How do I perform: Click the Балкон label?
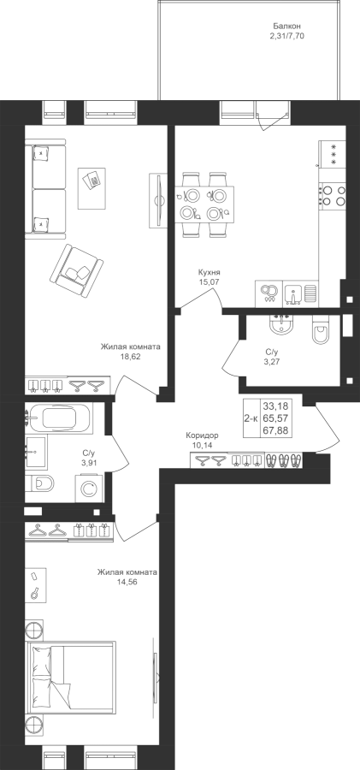(x=286, y=26)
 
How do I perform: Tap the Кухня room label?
(x=209, y=272)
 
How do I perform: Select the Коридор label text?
(x=202, y=435)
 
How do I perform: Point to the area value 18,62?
(x=131, y=357)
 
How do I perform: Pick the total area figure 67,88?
(x=275, y=431)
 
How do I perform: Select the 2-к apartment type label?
(x=251, y=419)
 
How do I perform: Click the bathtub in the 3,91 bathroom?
(x=58, y=418)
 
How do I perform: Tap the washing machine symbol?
(x=90, y=489)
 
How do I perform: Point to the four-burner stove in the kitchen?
(x=332, y=195)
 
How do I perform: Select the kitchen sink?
(x=293, y=293)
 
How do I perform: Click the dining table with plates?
(x=204, y=204)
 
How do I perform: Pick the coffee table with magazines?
(x=91, y=188)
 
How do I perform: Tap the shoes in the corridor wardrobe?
(x=284, y=460)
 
